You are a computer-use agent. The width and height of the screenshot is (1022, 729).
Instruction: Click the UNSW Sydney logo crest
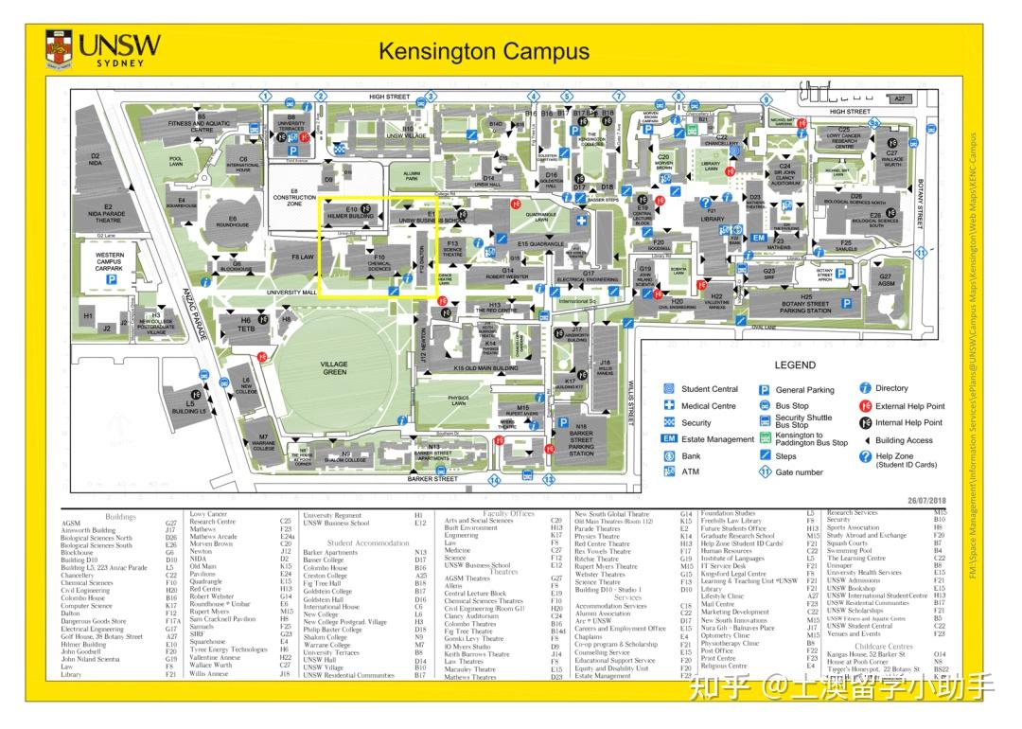pyautogui.click(x=60, y=48)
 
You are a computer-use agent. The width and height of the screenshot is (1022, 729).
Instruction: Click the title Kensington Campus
pyautogui.click(x=484, y=51)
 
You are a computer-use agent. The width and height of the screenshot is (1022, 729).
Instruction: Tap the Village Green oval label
pyautogui.click(x=334, y=368)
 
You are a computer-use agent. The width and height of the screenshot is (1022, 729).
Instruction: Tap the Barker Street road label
pyautogui.click(x=433, y=479)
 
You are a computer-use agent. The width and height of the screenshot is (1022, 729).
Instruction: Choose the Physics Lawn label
pyautogui.click(x=459, y=400)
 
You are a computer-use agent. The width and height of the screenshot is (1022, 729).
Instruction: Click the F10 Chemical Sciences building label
pyautogui.click(x=379, y=262)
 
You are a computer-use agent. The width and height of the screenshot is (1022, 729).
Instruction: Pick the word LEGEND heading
pyautogui.click(x=795, y=364)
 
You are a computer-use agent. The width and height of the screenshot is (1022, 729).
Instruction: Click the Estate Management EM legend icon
pyautogui.click(x=669, y=439)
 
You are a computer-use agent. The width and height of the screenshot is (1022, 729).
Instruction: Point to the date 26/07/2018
pyautogui.click(x=927, y=500)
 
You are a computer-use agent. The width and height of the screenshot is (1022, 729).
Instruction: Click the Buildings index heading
pyautogui.click(x=120, y=517)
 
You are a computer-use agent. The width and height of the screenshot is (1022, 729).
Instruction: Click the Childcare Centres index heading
pyautogui.click(x=882, y=647)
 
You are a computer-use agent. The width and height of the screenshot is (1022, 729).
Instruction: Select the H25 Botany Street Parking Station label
pyautogui.click(x=805, y=304)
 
